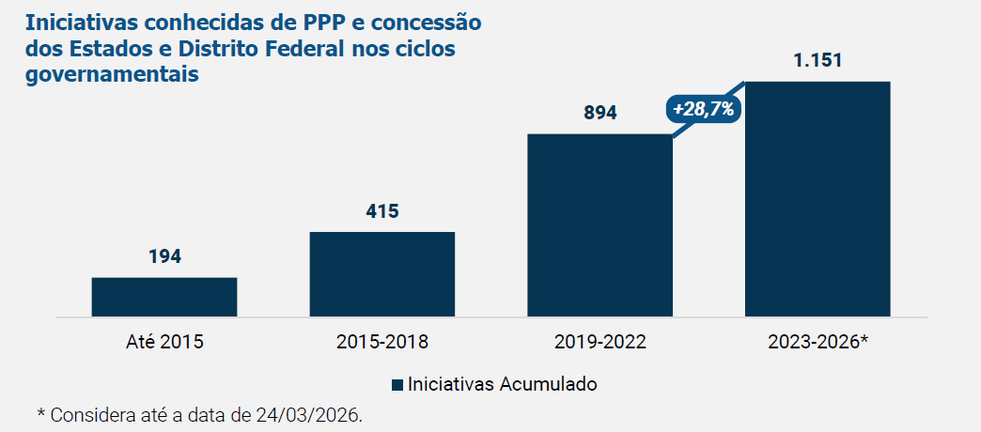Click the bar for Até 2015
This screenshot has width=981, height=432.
(x=164, y=297)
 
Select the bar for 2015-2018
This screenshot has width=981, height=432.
(x=382, y=274)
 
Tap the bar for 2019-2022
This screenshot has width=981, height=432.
(x=599, y=225)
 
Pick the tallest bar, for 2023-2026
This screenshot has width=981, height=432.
(x=817, y=199)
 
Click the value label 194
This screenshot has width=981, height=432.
(x=164, y=256)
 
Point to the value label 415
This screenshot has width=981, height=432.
(x=382, y=210)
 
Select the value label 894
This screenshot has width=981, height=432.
(x=599, y=113)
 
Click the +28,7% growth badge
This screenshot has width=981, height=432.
(x=704, y=109)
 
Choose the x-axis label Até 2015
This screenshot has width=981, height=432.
(x=164, y=342)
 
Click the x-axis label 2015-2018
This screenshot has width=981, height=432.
(x=382, y=342)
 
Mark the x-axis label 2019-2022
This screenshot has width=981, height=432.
(x=599, y=342)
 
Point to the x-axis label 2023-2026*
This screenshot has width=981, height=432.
(x=817, y=342)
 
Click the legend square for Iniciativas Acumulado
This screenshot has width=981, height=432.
(x=397, y=385)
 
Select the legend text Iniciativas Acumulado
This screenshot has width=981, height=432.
(x=503, y=385)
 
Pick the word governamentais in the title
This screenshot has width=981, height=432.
(x=112, y=73)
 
